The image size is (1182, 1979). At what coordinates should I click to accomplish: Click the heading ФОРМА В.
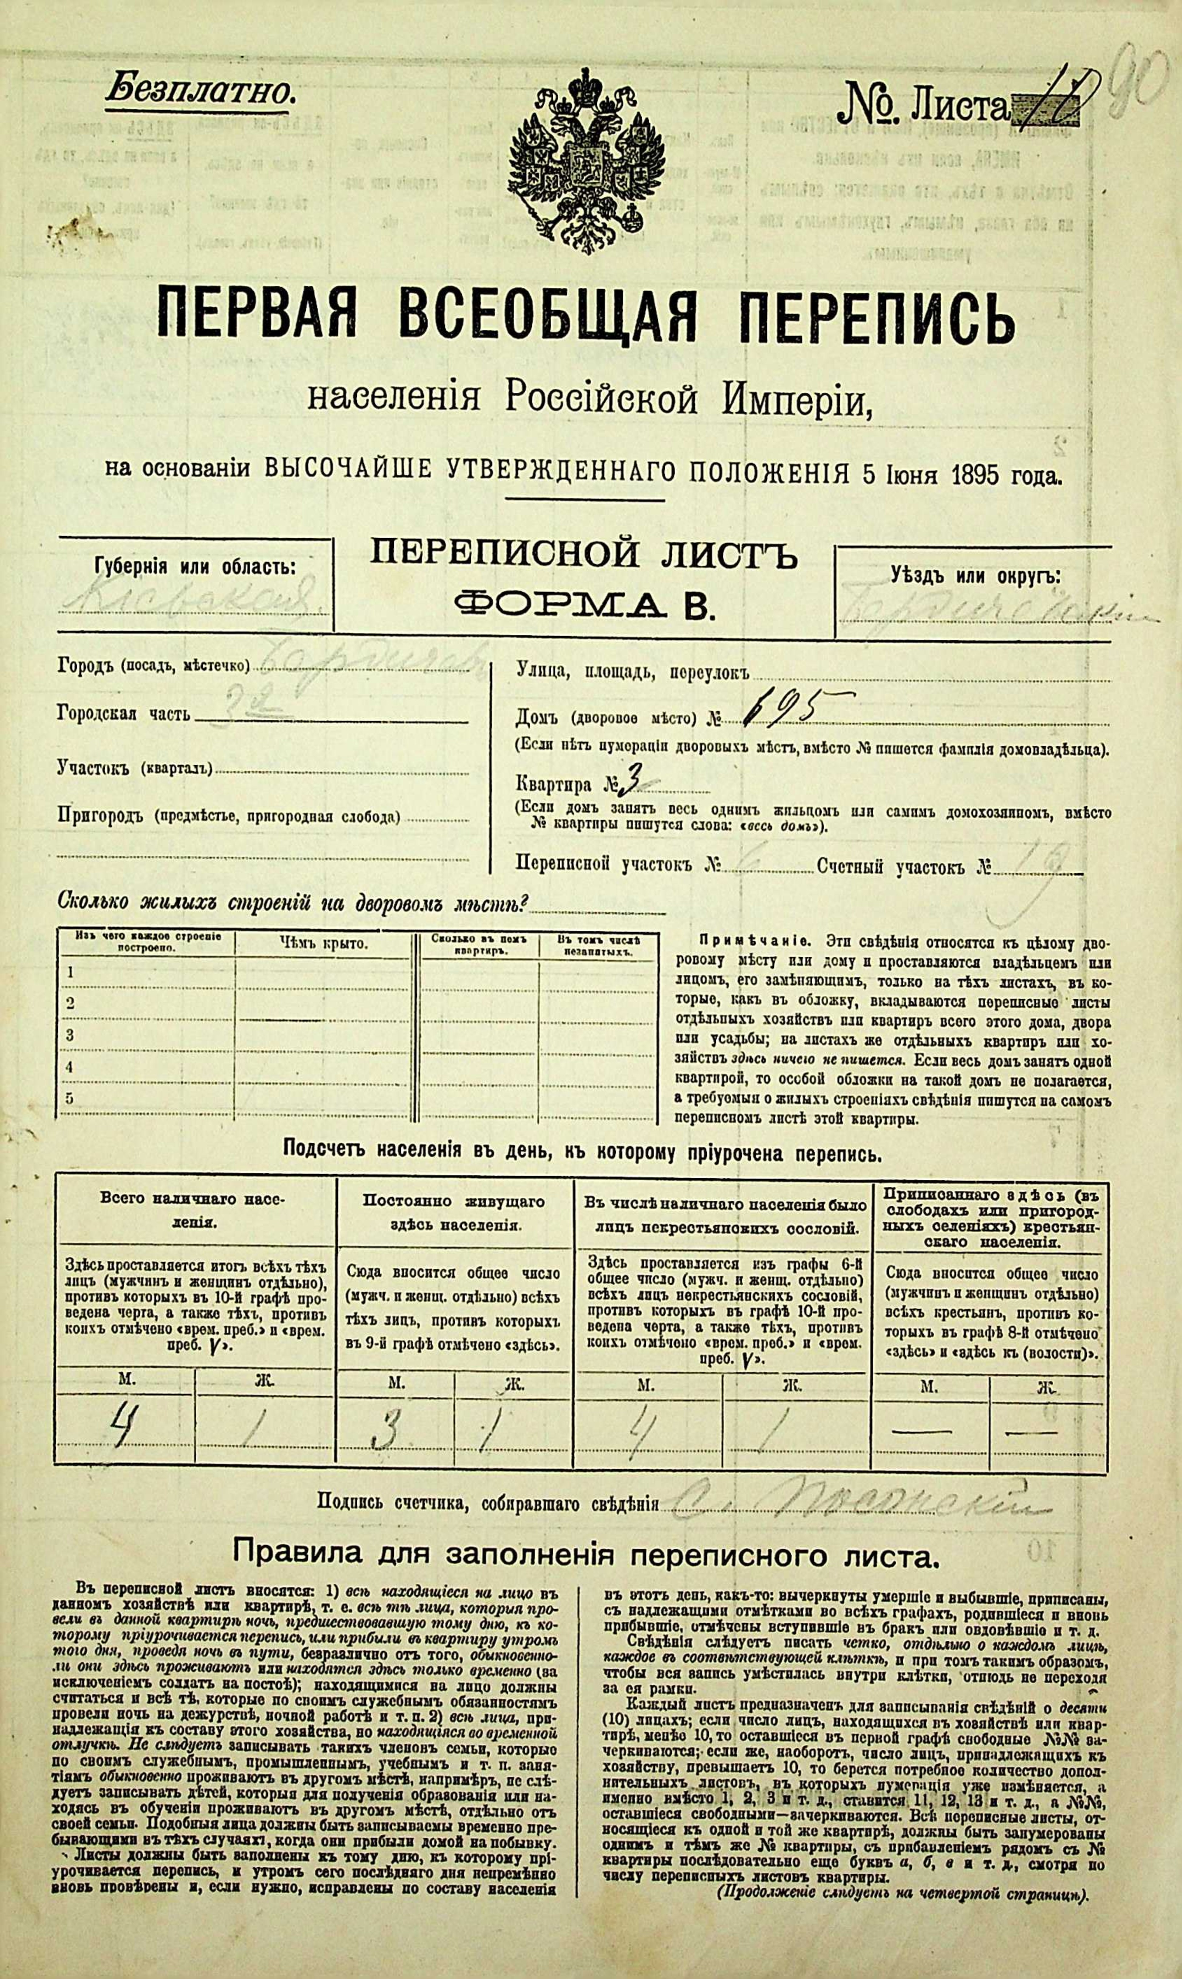pyautogui.click(x=584, y=607)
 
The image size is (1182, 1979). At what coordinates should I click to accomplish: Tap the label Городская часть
pyautogui.click(x=124, y=713)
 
